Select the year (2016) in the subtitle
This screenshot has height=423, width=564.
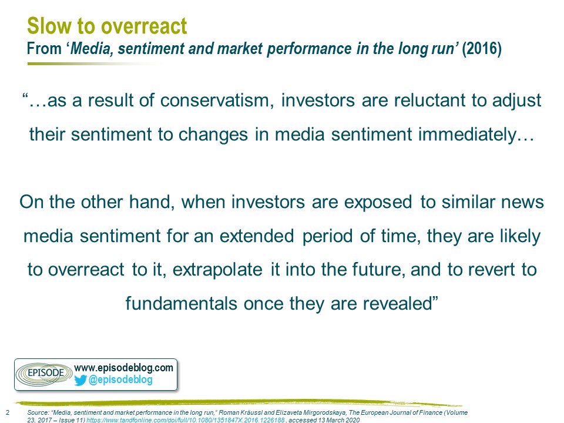click(x=482, y=49)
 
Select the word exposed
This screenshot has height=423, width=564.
click(x=378, y=202)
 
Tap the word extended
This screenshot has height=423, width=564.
click(x=257, y=236)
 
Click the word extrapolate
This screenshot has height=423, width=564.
click(x=217, y=270)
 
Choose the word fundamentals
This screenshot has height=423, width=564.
click(x=182, y=304)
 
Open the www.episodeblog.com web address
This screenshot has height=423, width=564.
click(x=124, y=368)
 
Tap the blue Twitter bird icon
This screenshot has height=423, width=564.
click(x=80, y=380)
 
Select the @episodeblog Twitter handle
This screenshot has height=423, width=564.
click(x=120, y=380)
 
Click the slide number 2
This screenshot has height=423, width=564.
click(x=8, y=412)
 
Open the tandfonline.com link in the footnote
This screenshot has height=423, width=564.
click(x=186, y=419)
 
